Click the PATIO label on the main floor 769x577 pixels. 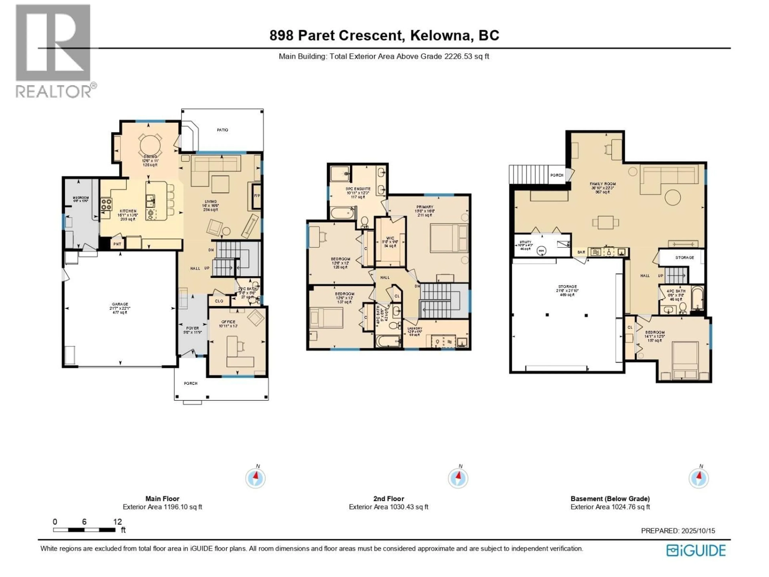click(222, 130)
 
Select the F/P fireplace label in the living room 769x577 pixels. click(257, 196)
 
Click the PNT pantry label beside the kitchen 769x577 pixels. click(117, 244)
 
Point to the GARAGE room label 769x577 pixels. click(120, 304)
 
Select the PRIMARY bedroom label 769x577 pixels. click(425, 207)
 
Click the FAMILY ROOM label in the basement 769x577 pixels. click(602, 184)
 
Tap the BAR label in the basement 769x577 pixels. click(581, 252)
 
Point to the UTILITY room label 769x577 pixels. click(525, 242)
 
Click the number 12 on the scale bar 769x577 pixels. click(118, 522)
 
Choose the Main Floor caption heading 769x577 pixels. click(162, 499)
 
